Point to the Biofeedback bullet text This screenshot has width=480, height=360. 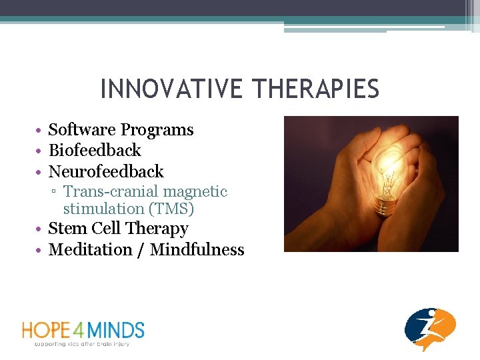tap(95, 151)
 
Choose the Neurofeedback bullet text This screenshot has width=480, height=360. tap(106, 171)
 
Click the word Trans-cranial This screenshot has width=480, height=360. tap(109, 192)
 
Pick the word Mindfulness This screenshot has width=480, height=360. tap(197, 250)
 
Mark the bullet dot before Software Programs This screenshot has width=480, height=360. tap(41, 131)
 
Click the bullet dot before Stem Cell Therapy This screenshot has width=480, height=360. tap(41, 229)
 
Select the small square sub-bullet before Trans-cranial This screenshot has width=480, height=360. tap(55, 193)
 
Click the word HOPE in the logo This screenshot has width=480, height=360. tap(49, 330)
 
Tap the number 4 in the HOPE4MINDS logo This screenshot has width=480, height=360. tap(85, 330)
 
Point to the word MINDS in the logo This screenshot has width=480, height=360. tap(119, 330)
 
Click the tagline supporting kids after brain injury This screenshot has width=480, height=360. tap(81, 344)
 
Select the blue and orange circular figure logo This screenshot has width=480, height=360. tap(430, 329)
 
